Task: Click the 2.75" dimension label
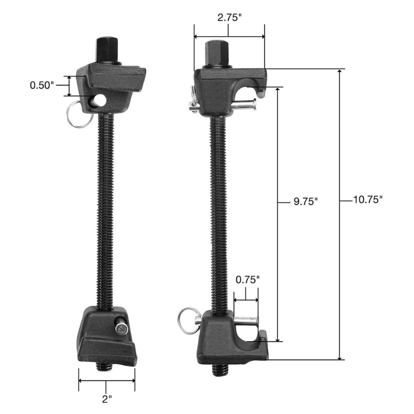(x=230, y=17)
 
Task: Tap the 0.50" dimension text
(x=42, y=85)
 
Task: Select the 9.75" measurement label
(x=305, y=202)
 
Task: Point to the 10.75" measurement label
(x=368, y=200)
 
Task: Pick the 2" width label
(x=107, y=399)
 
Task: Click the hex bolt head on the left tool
(x=108, y=50)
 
